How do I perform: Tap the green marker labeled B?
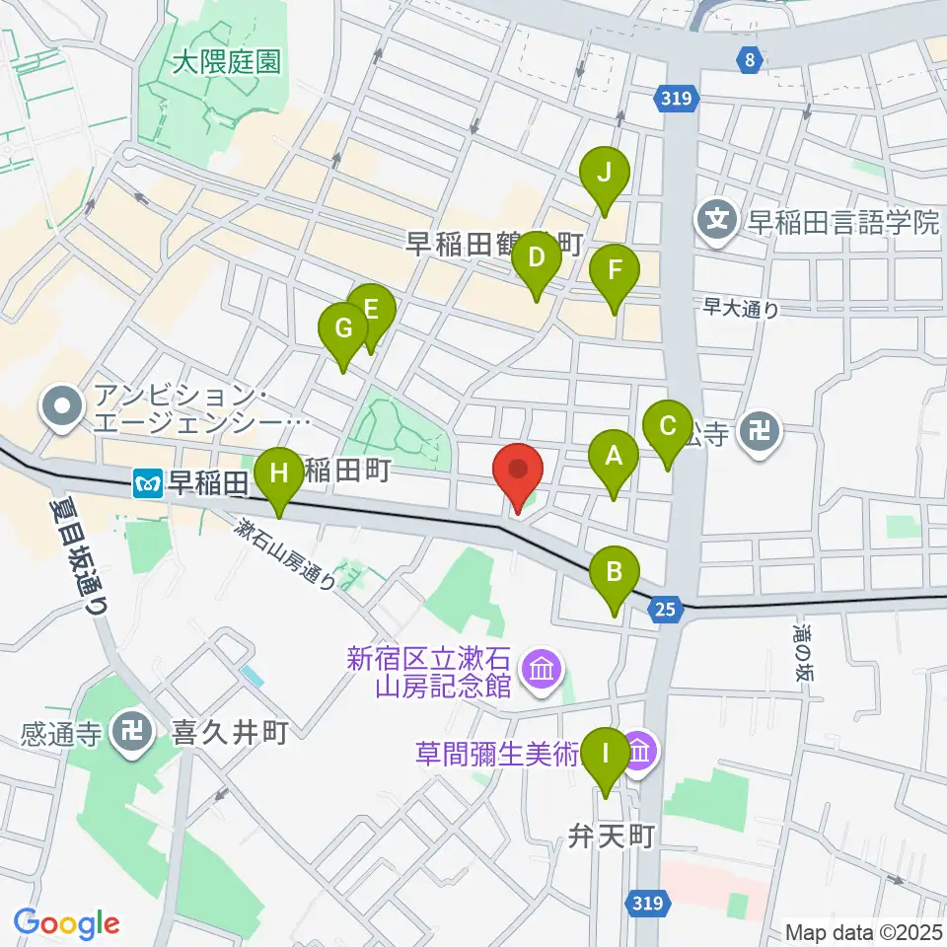click(614, 571)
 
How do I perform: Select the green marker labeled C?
click(667, 427)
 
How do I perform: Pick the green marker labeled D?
click(536, 259)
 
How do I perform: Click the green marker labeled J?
click(605, 175)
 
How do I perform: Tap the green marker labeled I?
click(605, 755)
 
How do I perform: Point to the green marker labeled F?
click(615, 269)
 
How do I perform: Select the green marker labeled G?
click(343, 329)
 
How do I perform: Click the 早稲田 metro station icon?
click(146, 482)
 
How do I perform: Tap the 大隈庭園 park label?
click(225, 64)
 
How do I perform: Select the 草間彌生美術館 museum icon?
click(640, 753)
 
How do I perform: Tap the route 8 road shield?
click(751, 61)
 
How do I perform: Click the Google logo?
click(66, 922)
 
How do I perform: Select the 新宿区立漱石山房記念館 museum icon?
click(542, 671)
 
